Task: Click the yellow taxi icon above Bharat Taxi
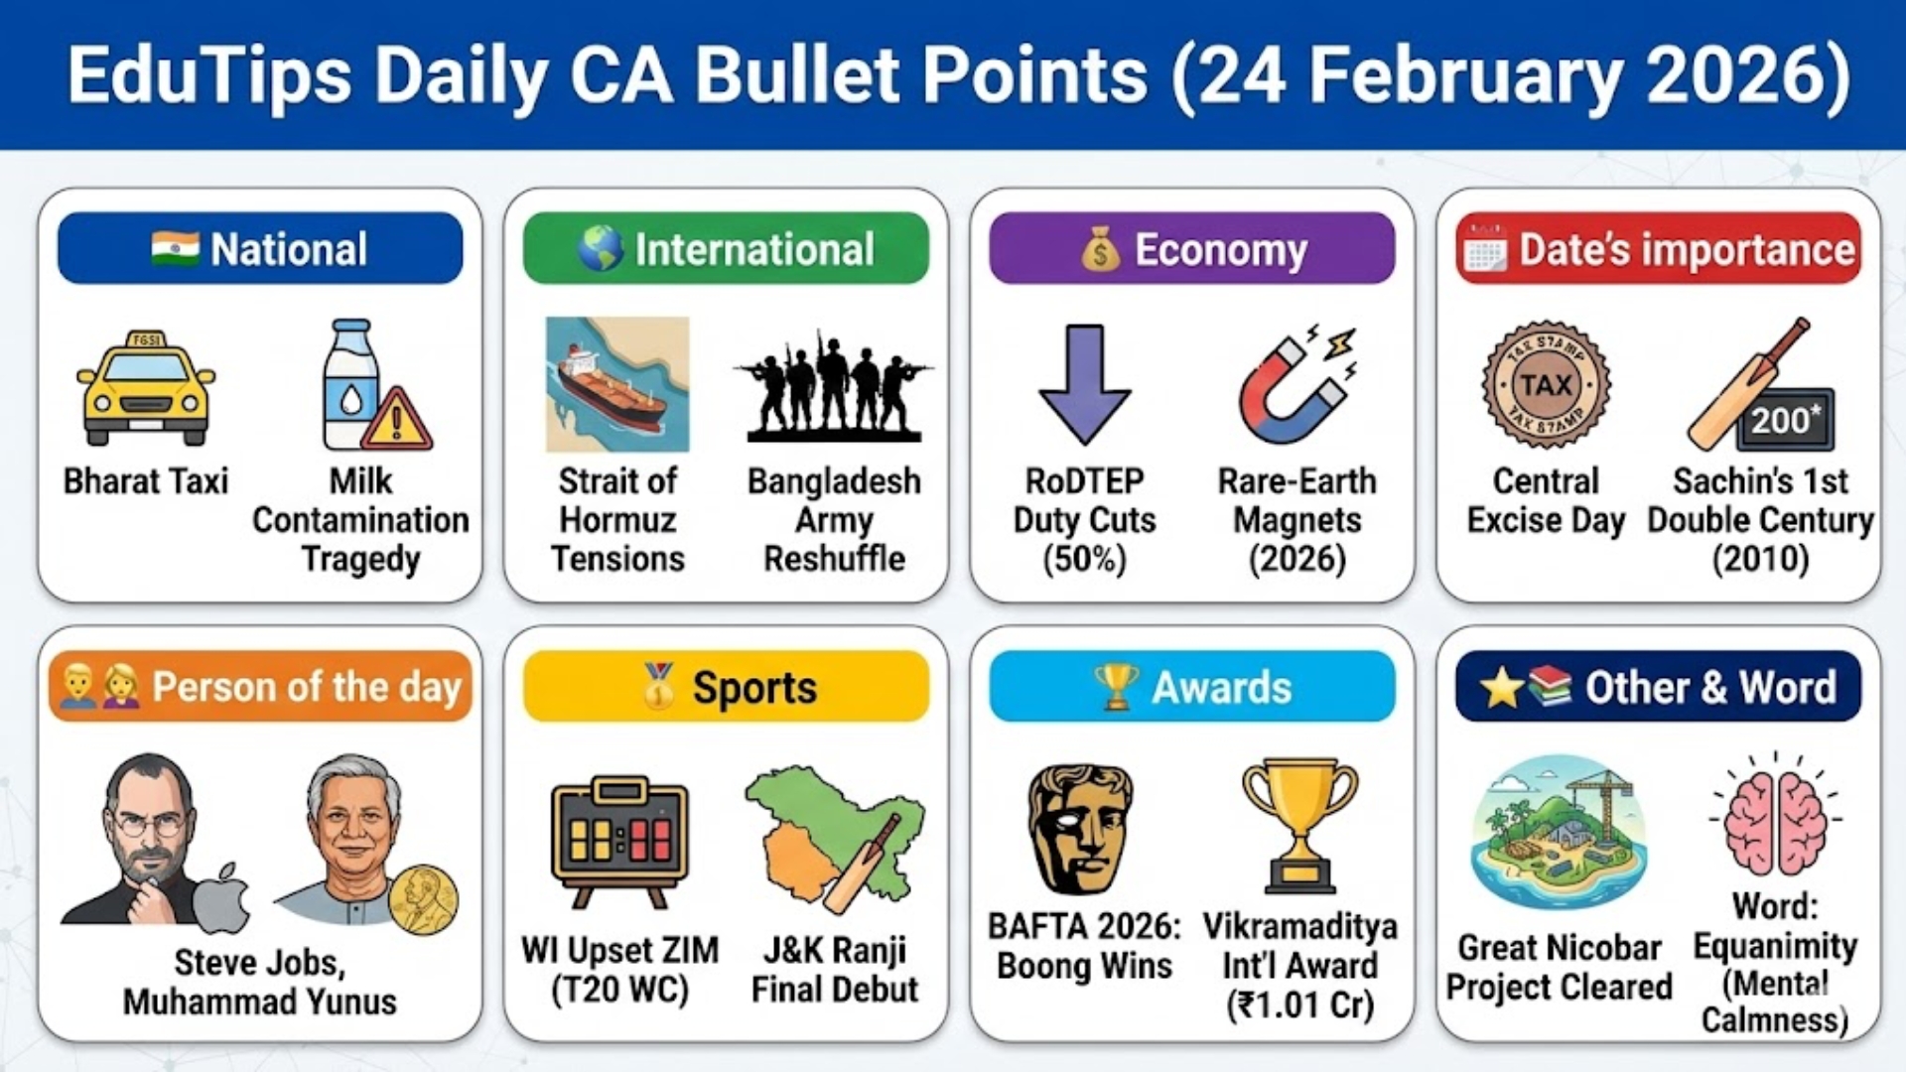click(x=146, y=388)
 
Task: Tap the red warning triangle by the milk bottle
click(x=397, y=421)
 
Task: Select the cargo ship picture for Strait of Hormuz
click(x=616, y=384)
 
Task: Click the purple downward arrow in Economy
click(x=1084, y=384)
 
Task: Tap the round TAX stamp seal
click(x=1546, y=385)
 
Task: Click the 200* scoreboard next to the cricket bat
click(x=1785, y=420)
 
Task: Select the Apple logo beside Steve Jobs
click(x=221, y=898)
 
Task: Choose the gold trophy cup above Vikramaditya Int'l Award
click(x=1299, y=825)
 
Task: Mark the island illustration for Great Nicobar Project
click(x=1559, y=832)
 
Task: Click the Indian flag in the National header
click(x=176, y=248)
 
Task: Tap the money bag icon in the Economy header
click(x=1100, y=249)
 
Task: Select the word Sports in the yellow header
click(x=754, y=687)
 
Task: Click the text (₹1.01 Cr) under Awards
click(x=1300, y=1005)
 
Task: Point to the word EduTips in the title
click(x=209, y=75)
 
